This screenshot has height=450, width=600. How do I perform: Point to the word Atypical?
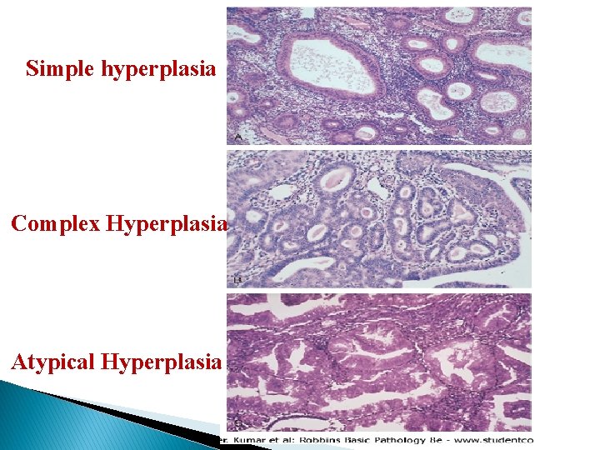(53, 362)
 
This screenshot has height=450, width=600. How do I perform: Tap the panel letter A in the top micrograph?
(237, 136)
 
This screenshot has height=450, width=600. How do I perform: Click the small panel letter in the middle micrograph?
(237, 280)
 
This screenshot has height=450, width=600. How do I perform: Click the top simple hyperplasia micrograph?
(379, 75)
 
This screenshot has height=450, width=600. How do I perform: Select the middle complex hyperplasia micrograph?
(379, 218)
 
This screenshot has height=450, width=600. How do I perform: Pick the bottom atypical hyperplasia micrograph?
(379, 361)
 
